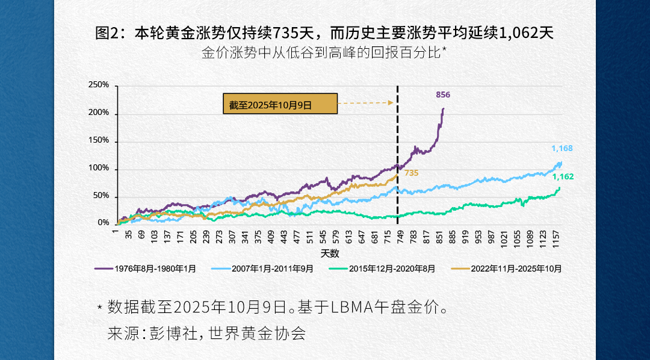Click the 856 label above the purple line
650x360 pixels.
(x=443, y=95)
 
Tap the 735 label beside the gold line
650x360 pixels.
(x=411, y=173)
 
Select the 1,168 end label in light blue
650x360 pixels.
(x=562, y=149)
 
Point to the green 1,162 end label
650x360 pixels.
(x=563, y=177)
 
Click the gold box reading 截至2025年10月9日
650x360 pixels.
(x=280, y=104)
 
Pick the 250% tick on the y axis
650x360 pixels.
(x=99, y=85)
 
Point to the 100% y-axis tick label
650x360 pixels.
(x=99, y=169)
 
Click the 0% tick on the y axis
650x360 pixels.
(x=103, y=223)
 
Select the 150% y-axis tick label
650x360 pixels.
(x=99, y=141)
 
